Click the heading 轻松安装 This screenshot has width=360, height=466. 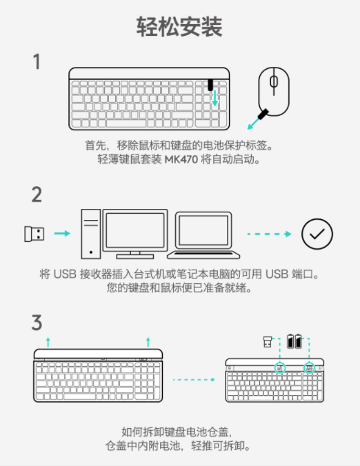point(179,27)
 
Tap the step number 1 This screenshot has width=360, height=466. point(37,61)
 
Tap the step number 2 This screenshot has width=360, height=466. point(37,194)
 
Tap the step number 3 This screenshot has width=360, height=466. point(37,323)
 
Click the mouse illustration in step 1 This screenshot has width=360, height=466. point(274,92)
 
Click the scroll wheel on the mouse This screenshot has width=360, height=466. point(274,81)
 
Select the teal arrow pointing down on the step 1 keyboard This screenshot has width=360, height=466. point(214,99)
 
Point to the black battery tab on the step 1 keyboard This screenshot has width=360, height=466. point(210,85)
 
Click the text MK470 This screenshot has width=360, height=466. point(181,160)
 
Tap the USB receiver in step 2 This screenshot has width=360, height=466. point(34,234)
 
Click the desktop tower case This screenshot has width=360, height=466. point(91,234)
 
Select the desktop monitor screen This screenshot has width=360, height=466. point(135,230)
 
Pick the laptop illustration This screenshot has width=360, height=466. point(203,235)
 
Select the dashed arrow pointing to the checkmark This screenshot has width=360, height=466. point(269,234)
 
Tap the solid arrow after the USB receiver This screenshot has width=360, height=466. point(62,233)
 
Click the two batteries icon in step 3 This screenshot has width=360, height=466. point(294,341)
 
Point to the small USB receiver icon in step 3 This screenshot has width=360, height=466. point(268,342)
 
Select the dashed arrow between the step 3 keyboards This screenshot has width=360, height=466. point(194,380)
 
